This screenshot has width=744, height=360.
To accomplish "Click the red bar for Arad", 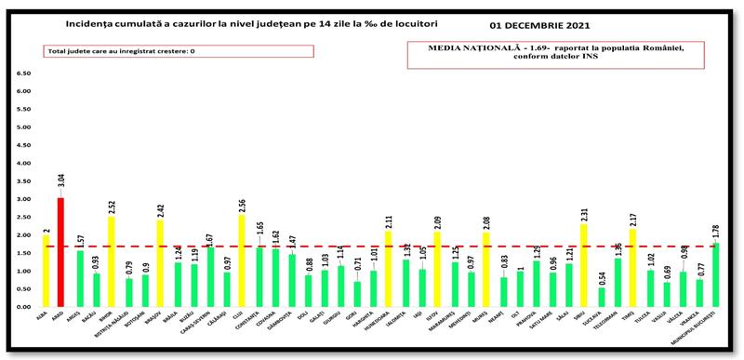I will pyautogui.click(x=60, y=251).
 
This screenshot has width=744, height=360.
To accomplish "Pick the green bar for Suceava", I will pyautogui.click(x=600, y=296).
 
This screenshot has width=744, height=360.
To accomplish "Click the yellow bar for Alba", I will pyautogui.click(x=45, y=270).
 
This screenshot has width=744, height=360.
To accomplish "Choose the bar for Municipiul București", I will pyautogui.click(x=715, y=273).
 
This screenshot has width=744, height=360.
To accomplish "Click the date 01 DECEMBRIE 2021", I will pyautogui.click(x=563, y=24).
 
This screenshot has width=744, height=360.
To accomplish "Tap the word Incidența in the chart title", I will pyautogui.click(x=93, y=21).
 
